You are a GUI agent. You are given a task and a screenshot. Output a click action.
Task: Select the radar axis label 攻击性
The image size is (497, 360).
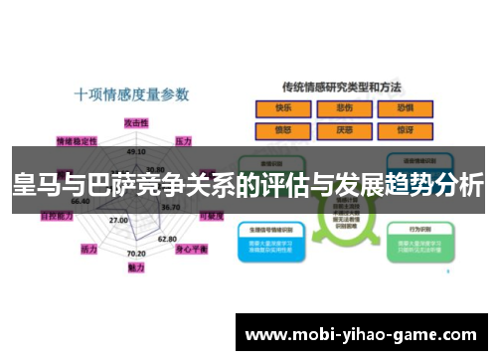(135, 121)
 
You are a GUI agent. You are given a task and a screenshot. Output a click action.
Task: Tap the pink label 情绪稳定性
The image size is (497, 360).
(78, 140)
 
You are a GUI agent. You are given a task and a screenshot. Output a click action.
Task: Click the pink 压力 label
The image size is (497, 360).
(183, 141)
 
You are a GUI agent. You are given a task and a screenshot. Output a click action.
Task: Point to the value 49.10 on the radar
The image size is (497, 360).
(135, 151)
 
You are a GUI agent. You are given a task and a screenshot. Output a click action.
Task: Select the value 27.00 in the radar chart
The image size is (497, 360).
(118, 220)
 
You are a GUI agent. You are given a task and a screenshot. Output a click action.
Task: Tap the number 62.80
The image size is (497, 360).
(167, 239)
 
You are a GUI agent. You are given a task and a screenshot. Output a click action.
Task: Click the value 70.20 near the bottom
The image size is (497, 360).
(136, 255)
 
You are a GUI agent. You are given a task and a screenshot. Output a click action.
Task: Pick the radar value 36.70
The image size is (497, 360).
(170, 207)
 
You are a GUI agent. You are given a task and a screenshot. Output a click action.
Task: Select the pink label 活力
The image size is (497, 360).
(88, 249)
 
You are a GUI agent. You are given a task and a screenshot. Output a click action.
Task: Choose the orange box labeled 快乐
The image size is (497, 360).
(282, 108)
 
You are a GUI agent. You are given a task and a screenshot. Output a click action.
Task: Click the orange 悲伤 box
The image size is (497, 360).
(345, 108)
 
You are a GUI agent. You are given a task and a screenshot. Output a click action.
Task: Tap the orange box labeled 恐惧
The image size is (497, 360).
(406, 108)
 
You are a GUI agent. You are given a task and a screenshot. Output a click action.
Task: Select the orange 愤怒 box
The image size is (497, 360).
(282, 129)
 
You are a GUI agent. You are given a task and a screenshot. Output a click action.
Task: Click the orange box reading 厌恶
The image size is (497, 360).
(345, 129)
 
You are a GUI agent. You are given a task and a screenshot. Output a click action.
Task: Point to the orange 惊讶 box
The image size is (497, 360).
(406, 129)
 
